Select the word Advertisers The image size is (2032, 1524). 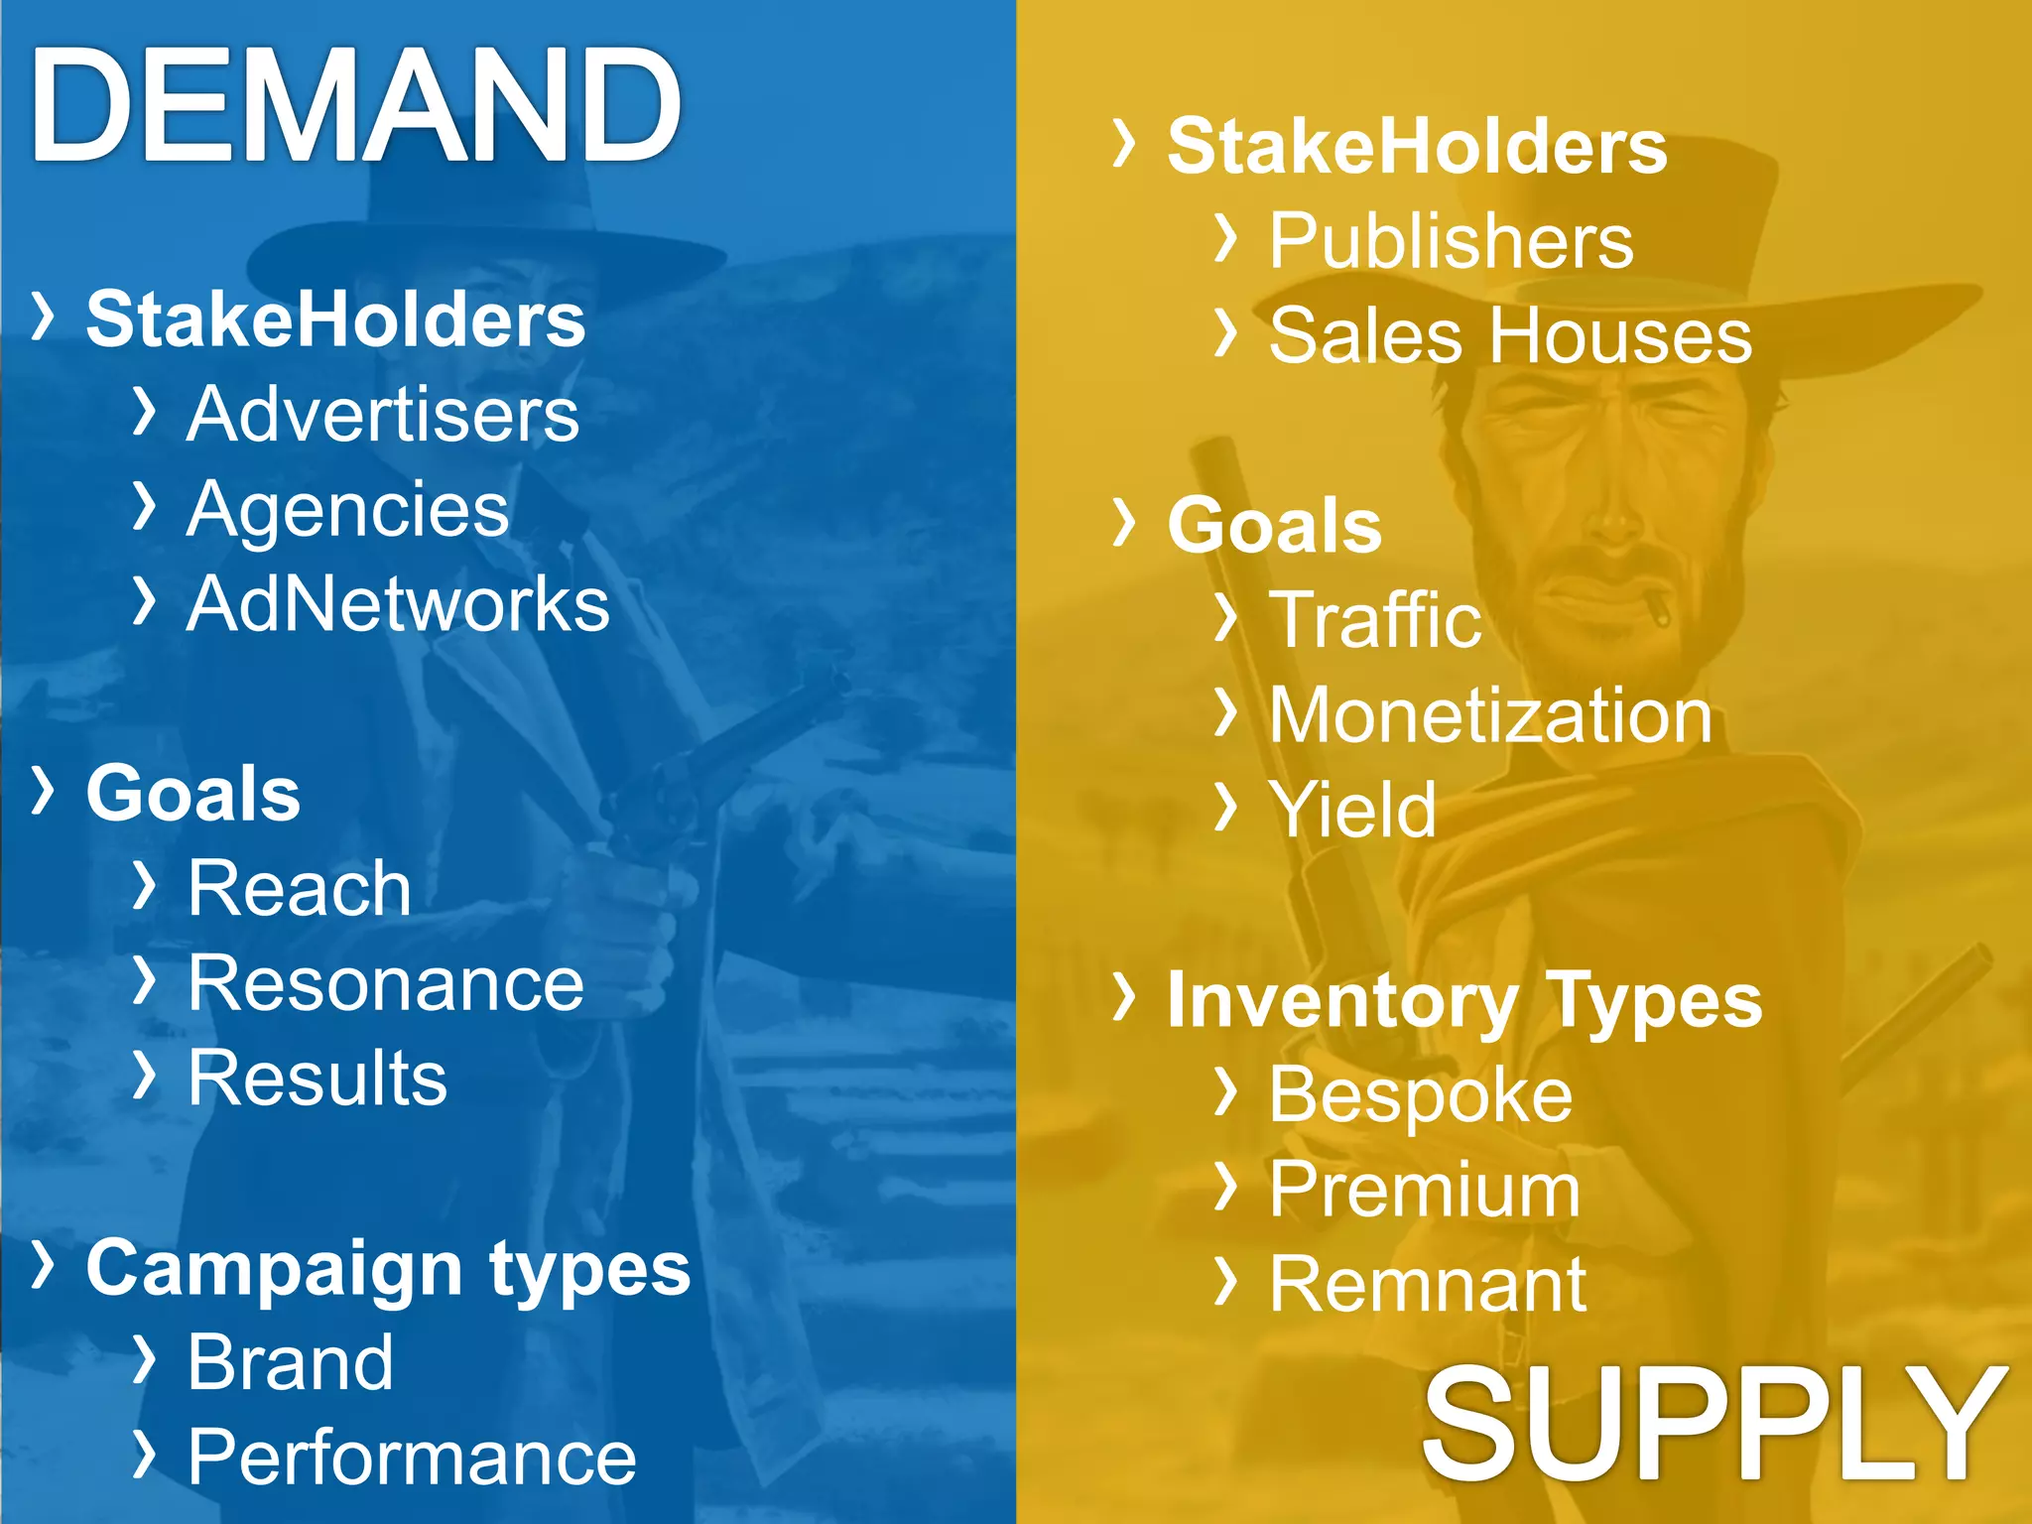383,414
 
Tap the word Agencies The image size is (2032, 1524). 347,509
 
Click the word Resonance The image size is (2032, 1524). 386,983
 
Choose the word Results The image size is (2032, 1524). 317,1078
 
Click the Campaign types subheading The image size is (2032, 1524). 388,1268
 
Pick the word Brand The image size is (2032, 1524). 291,1362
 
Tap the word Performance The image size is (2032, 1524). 412,1457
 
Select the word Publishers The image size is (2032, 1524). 1451,240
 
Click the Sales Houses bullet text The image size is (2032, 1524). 1510,335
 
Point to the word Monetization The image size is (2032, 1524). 1490,714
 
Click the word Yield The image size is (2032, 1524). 1352,810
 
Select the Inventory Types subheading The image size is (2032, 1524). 1464,1000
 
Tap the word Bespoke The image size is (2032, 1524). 1421,1094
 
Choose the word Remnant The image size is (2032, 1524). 1428,1284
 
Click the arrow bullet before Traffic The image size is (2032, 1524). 1227,617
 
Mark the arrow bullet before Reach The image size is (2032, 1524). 145,885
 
